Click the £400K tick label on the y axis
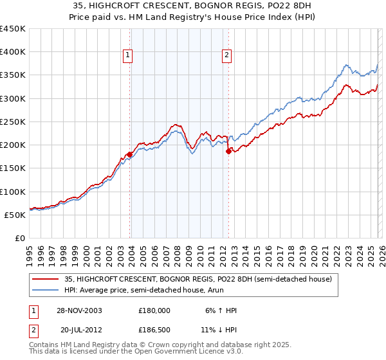(13, 52)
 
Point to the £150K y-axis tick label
(13, 168)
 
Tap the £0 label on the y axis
(19, 239)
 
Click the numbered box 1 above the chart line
(129, 56)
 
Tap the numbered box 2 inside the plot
(227, 56)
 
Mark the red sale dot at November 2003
(130, 154)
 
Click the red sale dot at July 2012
(228, 152)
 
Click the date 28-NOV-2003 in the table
(78, 310)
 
